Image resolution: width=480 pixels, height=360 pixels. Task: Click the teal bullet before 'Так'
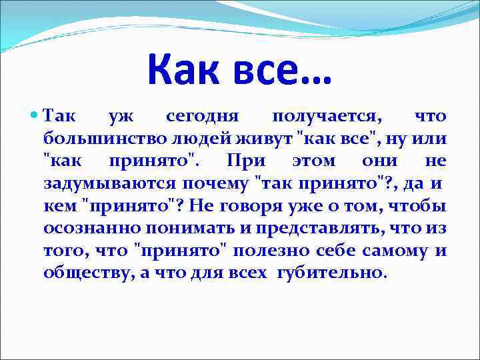pos(35,117)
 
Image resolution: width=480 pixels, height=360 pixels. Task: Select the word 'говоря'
pos(238,206)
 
